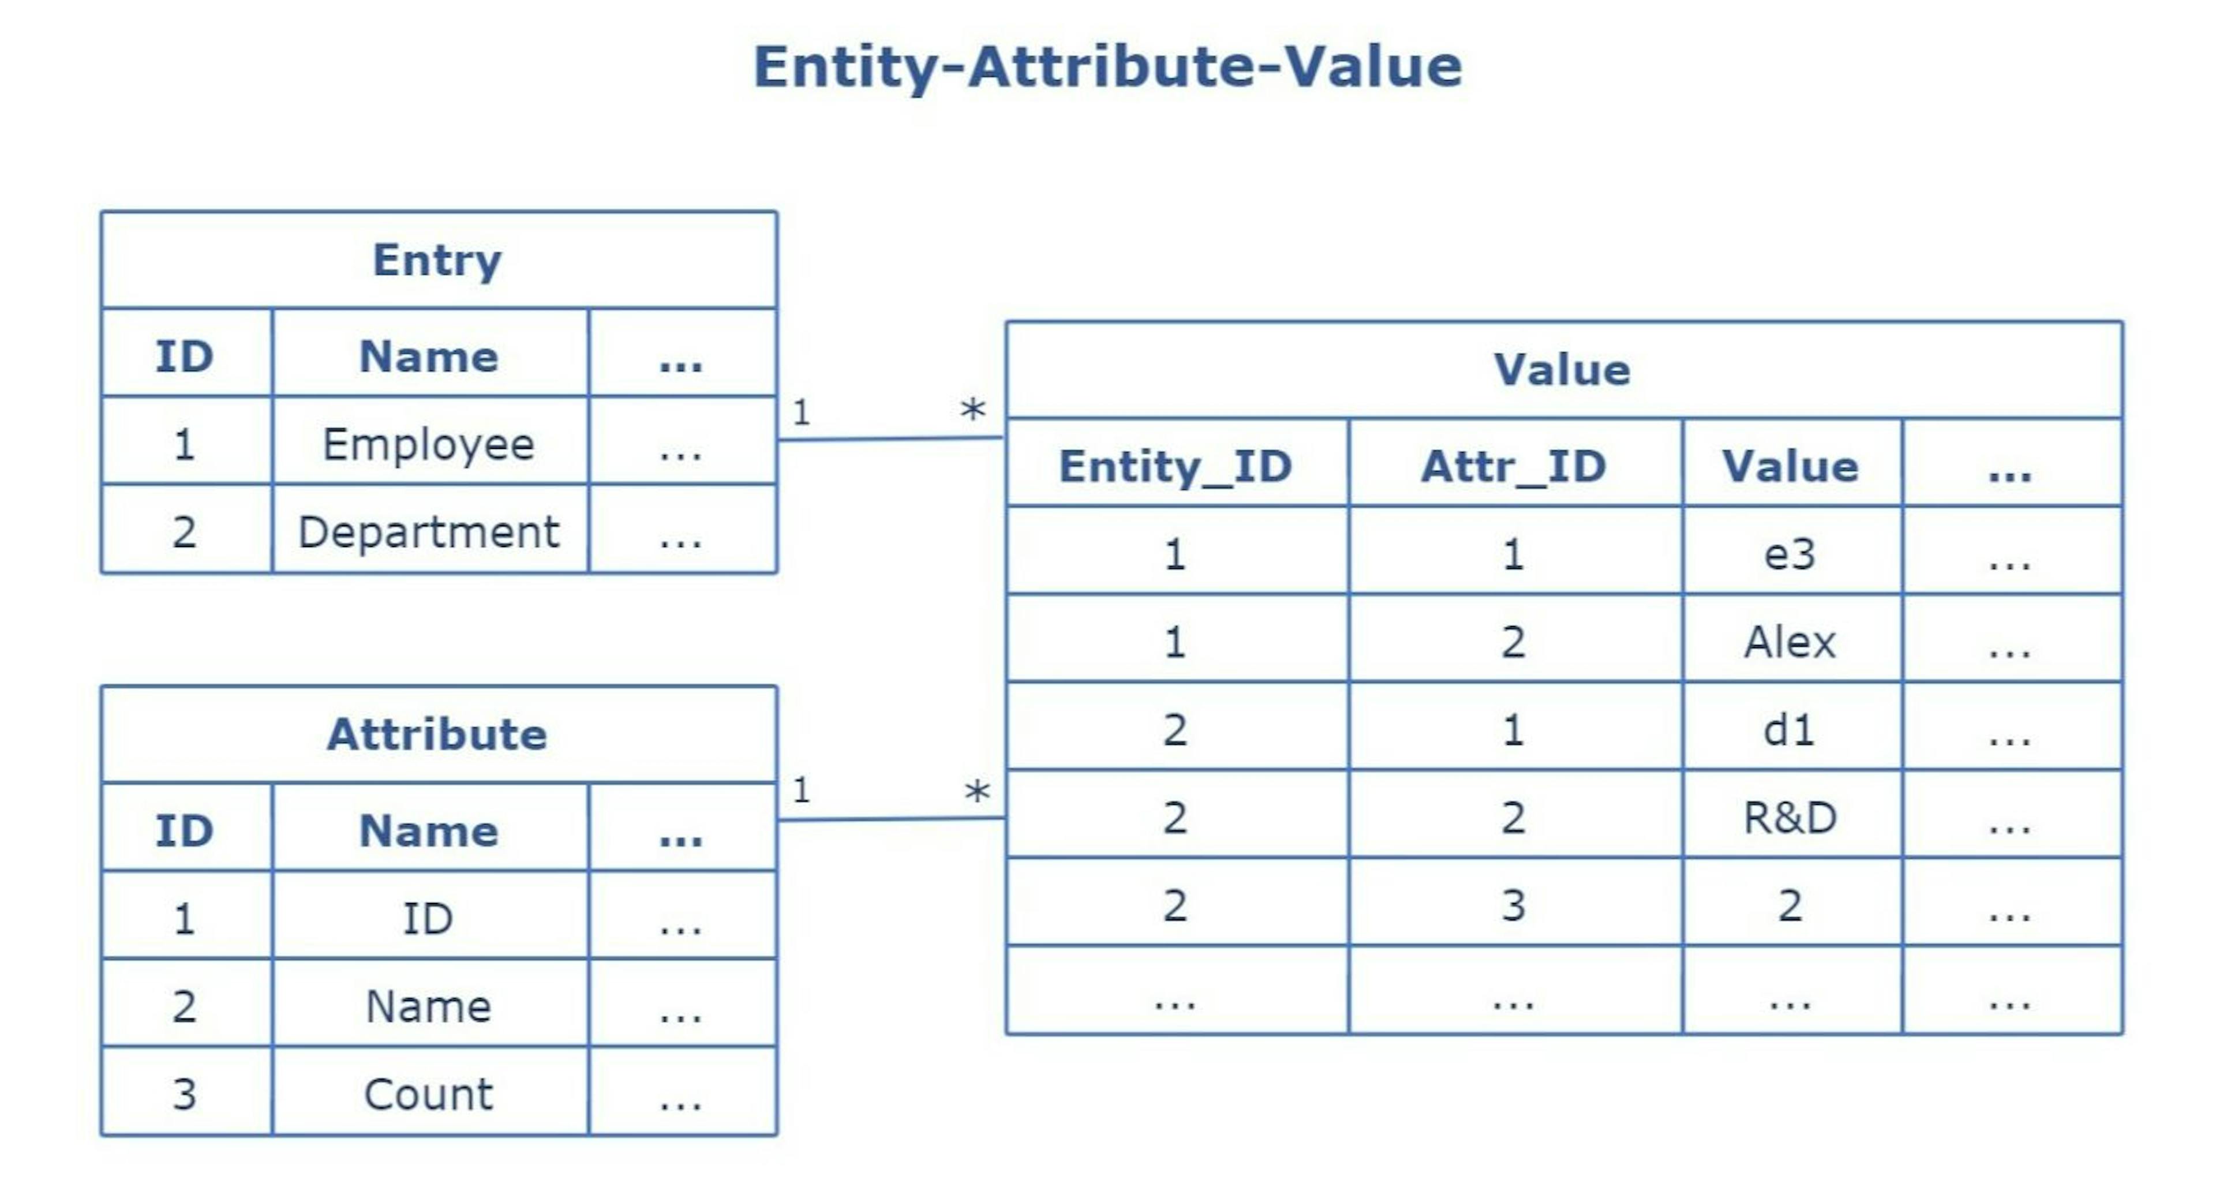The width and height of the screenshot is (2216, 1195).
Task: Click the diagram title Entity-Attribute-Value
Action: (x=1107, y=67)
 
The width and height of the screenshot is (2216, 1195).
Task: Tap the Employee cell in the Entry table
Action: (x=428, y=444)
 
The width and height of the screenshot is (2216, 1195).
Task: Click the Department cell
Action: (x=428, y=531)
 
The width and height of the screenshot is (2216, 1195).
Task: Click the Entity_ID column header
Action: (x=1175, y=466)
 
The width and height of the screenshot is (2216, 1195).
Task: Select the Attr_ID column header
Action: (x=1513, y=466)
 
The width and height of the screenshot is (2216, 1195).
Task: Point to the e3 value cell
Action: (x=1790, y=554)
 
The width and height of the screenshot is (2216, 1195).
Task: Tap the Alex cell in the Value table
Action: (x=1790, y=642)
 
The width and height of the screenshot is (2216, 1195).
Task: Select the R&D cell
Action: (x=1790, y=817)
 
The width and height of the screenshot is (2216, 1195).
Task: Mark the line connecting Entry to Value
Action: (x=890, y=439)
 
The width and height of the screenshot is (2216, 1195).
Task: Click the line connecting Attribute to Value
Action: (x=890, y=819)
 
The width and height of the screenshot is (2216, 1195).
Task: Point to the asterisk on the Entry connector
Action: (x=973, y=410)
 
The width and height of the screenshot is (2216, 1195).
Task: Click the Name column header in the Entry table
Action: (x=428, y=356)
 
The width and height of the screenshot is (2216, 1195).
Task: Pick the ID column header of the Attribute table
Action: (x=184, y=830)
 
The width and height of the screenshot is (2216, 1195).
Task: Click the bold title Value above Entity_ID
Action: (x=1562, y=370)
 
